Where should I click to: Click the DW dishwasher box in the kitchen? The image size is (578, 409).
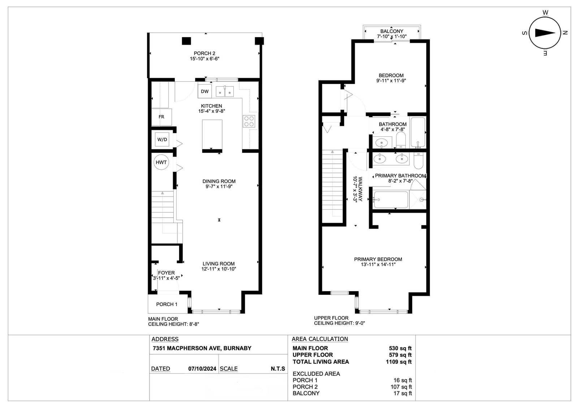[204, 91]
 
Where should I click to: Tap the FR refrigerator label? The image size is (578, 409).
[161, 117]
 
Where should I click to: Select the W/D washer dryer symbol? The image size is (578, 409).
[162, 140]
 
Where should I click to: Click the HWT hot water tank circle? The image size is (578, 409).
[161, 162]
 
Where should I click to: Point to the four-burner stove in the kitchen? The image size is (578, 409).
[249, 122]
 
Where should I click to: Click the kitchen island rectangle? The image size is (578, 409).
[212, 135]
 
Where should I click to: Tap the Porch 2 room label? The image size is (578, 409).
[204, 53]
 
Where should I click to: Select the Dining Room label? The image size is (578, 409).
[219, 181]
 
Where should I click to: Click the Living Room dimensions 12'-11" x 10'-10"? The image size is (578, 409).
[219, 269]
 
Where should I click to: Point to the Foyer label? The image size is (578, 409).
[167, 273]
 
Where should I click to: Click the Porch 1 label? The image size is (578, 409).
[167, 304]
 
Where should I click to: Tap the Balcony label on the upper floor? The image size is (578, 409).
[392, 31]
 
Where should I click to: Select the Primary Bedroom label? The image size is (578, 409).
[378, 259]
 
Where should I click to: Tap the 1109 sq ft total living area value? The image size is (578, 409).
[399, 362]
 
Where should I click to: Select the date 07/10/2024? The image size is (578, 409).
[202, 369]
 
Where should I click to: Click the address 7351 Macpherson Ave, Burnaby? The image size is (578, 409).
[202, 348]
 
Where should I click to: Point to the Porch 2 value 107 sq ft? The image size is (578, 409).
[401, 387]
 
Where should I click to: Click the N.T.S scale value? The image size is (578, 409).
[278, 369]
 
